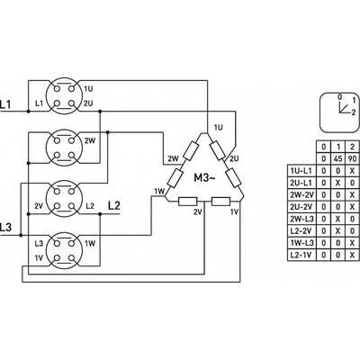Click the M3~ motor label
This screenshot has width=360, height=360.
point(204,178)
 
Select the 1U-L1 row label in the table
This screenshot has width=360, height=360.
point(301,171)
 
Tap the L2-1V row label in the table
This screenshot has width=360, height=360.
point(301,255)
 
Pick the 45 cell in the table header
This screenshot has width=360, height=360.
point(337,158)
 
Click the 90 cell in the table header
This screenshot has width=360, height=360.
point(353,158)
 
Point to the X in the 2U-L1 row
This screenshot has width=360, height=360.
point(337,183)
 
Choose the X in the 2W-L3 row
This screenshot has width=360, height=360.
point(337,219)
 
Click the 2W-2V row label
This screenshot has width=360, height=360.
point(301,194)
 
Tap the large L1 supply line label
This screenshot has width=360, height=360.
point(5,104)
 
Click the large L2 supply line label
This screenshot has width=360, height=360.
point(114,206)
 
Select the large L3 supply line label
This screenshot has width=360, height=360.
point(5,227)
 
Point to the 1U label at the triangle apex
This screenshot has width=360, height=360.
point(218,128)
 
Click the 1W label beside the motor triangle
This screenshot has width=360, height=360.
point(159,191)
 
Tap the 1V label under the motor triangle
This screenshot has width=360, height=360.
point(234,212)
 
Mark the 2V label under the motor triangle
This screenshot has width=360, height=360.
point(198,212)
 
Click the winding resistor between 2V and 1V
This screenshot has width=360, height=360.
point(221,202)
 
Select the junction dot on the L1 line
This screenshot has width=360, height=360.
point(29,112)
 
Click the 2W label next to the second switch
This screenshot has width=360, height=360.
point(89,140)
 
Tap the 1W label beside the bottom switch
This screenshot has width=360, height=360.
point(90,243)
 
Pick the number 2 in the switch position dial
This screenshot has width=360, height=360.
point(354,112)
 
